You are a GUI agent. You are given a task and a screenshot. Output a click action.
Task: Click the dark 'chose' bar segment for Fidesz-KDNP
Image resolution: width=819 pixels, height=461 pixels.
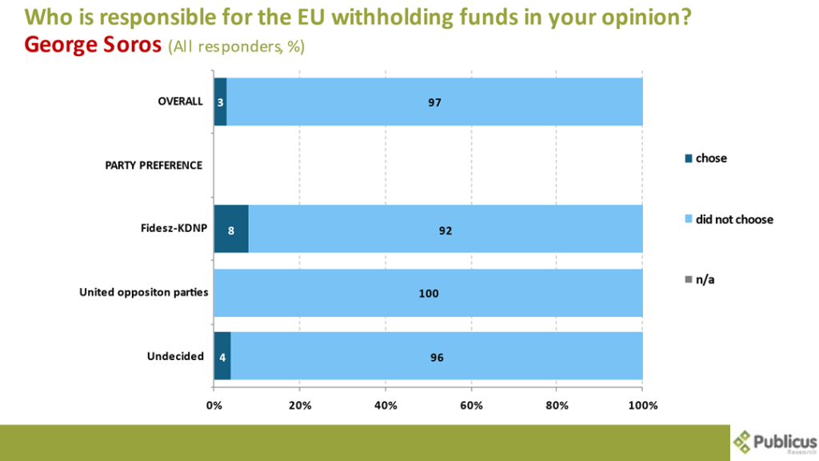(x=231, y=229)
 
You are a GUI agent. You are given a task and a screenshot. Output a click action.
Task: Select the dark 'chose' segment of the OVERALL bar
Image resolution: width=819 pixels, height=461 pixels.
(x=220, y=102)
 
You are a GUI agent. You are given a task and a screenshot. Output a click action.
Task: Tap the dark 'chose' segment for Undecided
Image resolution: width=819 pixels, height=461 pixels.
(x=222, y=356)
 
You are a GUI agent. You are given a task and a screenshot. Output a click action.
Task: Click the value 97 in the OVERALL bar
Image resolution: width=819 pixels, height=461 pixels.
(x=434, y=102)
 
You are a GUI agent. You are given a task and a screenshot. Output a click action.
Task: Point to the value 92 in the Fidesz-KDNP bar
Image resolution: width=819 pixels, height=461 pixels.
(x=445, y=230)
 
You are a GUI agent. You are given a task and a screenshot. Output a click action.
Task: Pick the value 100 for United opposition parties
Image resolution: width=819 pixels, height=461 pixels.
(x=429, y=294)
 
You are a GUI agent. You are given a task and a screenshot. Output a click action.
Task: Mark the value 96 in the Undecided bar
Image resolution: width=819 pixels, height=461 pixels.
(x=436, y=357)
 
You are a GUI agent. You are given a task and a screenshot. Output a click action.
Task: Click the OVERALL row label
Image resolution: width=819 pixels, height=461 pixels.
(x=180, y=102)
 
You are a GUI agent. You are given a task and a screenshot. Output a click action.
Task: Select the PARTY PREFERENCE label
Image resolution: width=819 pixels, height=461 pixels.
(x=154, y=166)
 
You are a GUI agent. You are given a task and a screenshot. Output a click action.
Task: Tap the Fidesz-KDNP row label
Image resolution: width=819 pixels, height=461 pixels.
(x=170, y=229)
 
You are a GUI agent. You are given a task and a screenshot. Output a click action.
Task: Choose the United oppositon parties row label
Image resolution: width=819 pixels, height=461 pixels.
(x=143, y=292)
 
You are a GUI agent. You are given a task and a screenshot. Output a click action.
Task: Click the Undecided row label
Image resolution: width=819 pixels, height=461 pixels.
(x=175, y=356)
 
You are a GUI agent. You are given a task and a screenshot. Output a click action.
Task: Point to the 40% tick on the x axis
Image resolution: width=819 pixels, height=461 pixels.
(x=386, y=405)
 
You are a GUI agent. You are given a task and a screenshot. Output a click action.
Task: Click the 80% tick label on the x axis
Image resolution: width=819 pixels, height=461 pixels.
(x=557, y=405)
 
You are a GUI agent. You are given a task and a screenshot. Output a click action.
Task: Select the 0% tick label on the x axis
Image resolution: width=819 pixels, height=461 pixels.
(x=214, y=405)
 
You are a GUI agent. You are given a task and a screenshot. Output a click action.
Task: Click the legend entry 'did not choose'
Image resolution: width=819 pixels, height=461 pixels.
(x=734, y=218)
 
